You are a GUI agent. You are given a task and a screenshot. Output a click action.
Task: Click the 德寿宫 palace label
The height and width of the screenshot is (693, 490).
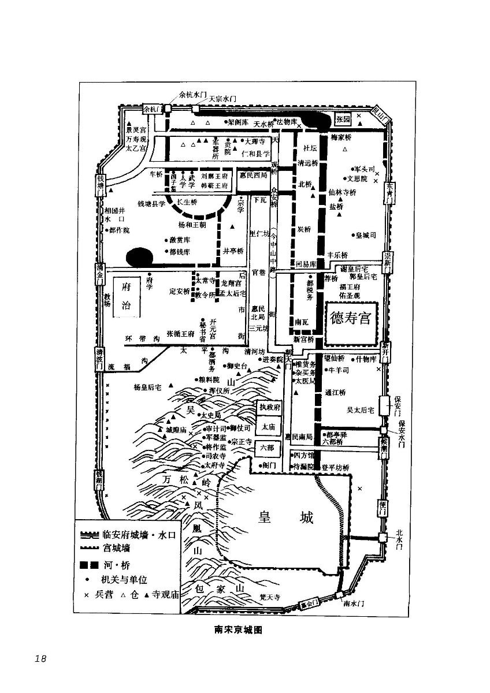pyautogui.click(x=350, y=319)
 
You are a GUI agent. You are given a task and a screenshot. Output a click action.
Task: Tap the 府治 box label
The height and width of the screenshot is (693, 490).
pyautogui.click(x=126, y=296)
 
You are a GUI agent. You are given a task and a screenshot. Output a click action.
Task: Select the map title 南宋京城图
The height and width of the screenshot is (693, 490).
pyautogui.click(x=238, y=630)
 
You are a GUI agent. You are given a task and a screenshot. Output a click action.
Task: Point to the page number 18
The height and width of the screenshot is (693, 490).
pyautogui.click(x=40, y=658)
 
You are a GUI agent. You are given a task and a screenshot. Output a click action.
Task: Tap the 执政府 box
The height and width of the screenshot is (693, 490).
pyautogui.click(x=269, y=407)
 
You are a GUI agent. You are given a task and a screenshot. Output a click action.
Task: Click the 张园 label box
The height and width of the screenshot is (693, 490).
pyautogui.click(x=343, y=120)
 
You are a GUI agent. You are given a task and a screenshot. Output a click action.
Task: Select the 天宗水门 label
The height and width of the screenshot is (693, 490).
pyautogui.click(x=215, y=99)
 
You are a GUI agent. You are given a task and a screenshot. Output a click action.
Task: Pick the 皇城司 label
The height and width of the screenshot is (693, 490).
pyautogui.click(x=366, y=235)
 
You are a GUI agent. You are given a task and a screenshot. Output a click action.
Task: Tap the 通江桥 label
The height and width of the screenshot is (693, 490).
pyautogui.click(x=335, y=392)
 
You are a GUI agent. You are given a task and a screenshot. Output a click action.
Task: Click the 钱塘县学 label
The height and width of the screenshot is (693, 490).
pyautogui.click(x=151, y=204)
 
